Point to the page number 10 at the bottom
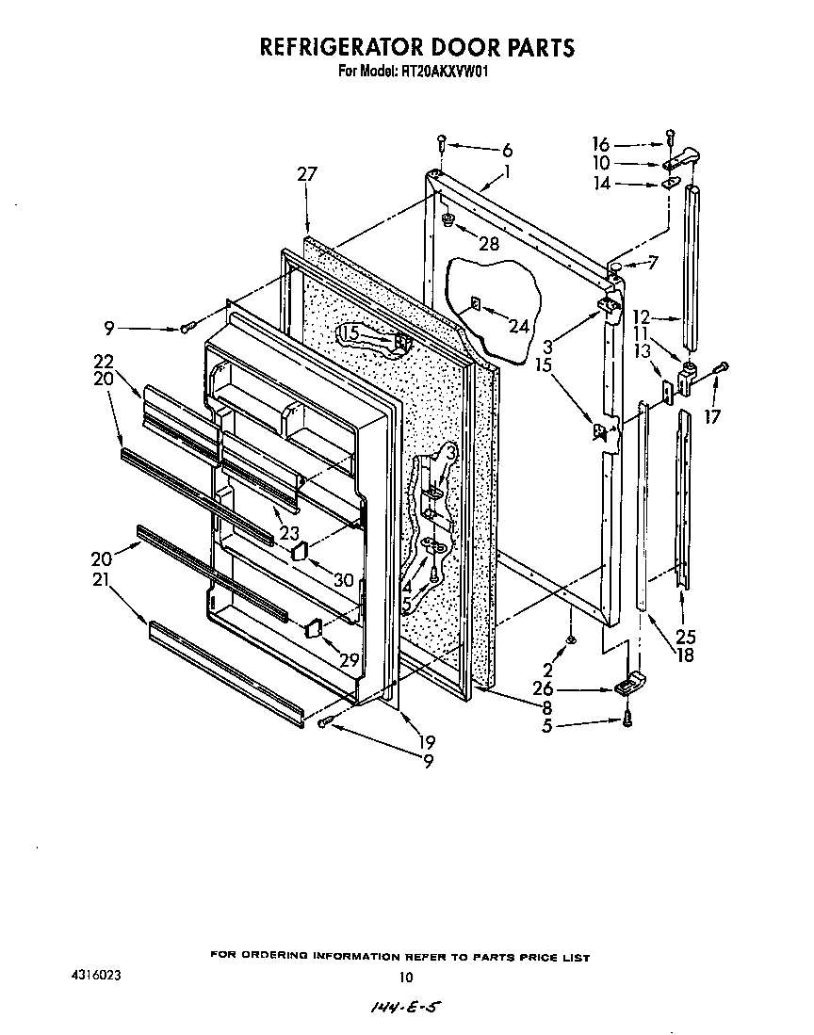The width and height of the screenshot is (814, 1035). click(x=406, y=977)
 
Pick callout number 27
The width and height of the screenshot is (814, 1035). click(x=307, y=174)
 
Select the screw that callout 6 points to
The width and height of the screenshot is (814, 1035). click(x=441, y=143)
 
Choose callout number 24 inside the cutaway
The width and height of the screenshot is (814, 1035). click(x=519, y=327)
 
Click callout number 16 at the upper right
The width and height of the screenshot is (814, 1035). click(x=600, y=144)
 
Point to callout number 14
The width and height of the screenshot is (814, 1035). click(x=600, y=184)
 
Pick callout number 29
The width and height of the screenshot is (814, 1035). click(x=350, y=660)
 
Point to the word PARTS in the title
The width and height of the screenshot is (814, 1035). click(x=538, y=47)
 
